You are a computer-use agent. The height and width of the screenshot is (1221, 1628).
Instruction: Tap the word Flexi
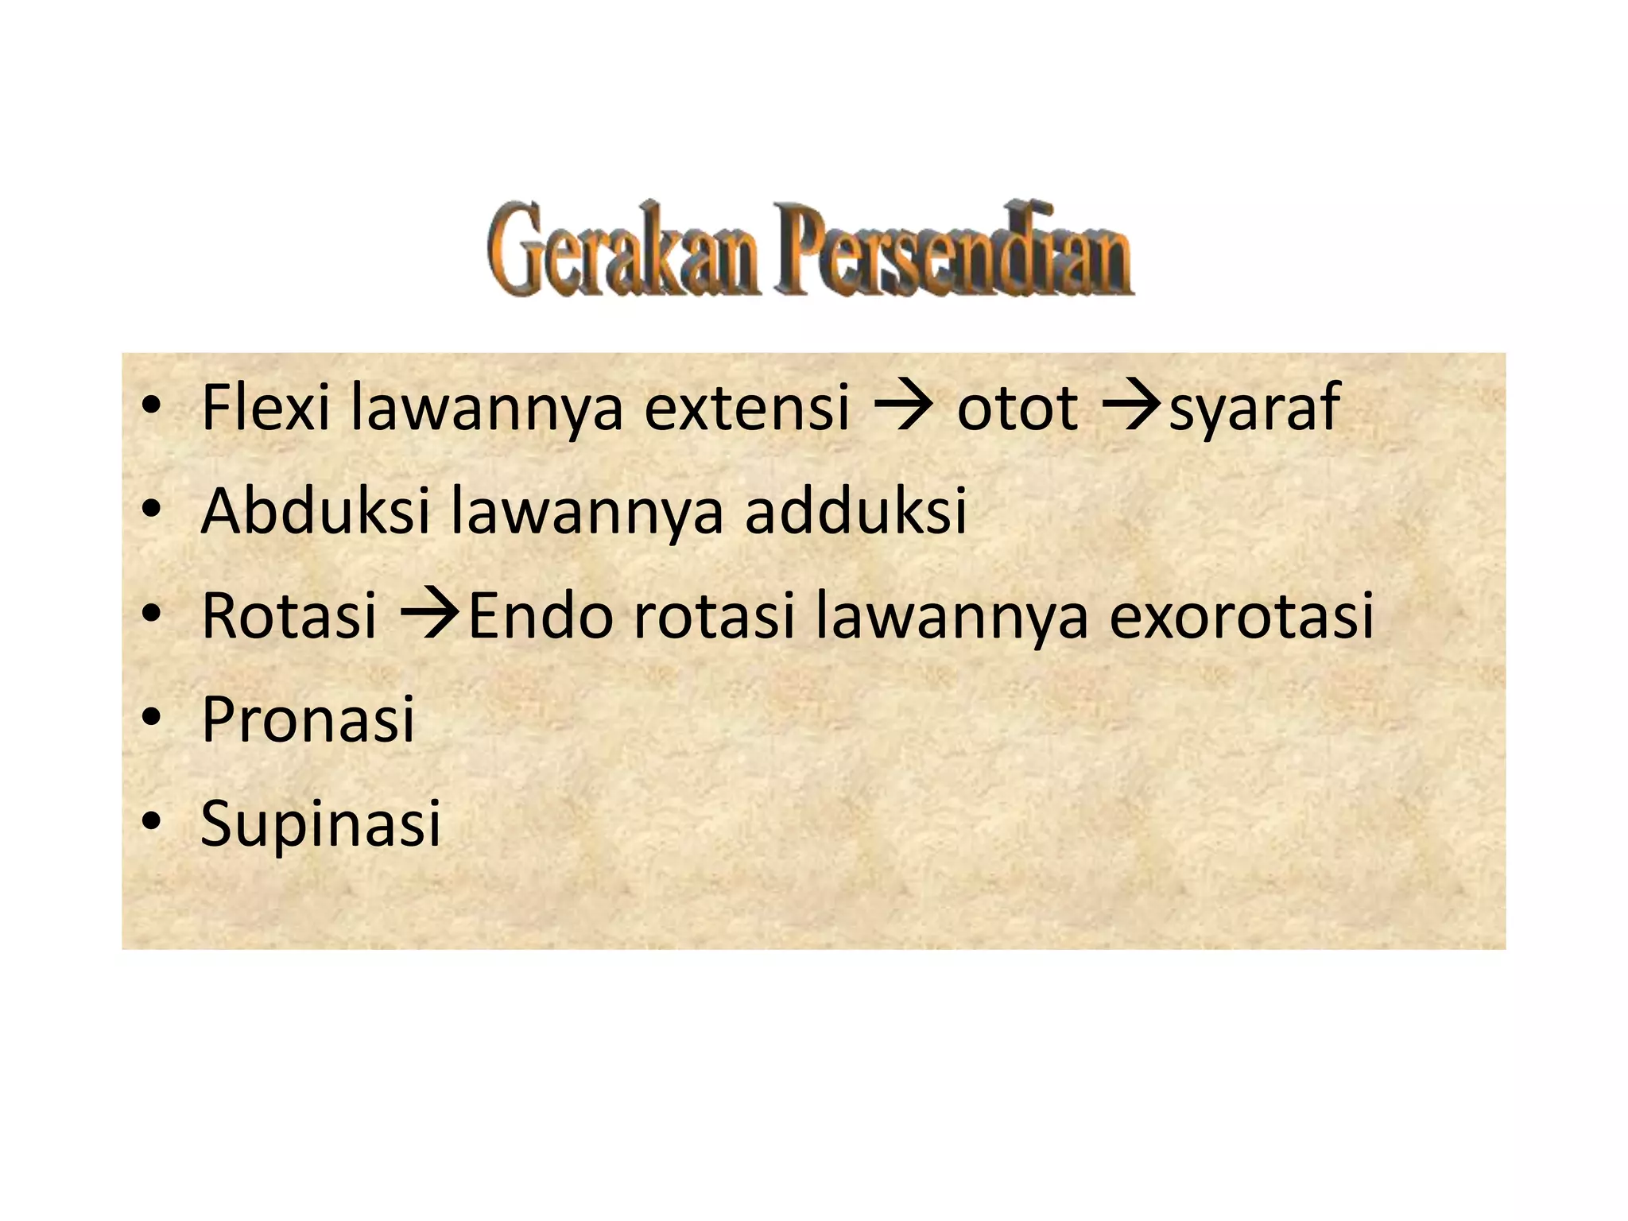(x=266, y=407)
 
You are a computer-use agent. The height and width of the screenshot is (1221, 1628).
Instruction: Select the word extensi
(x=746, y=407)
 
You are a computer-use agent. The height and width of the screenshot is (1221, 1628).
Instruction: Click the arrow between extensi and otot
(x=902, y=407)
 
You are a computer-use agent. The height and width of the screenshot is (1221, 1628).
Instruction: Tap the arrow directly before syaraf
(x=1132, y=407)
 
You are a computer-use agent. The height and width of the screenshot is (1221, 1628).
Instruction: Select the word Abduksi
(x=316, y=510)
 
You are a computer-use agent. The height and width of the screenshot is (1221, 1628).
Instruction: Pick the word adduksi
(x=855, y=510)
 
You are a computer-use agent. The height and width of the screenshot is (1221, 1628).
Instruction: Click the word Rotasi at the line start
(x=289, y=615)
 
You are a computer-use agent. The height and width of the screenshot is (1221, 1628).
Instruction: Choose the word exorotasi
(x=1241, y=615)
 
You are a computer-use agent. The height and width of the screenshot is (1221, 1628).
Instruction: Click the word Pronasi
(x=308, y=719)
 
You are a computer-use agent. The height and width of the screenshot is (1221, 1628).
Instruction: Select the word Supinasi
(x=320, y=824)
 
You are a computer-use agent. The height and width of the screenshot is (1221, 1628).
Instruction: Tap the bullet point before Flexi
(x=151, y=406)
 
